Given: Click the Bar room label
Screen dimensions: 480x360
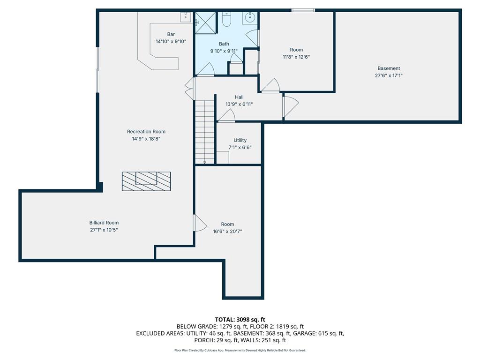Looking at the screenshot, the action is point(171,34).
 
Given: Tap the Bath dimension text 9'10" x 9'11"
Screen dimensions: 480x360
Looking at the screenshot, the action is point(224,51).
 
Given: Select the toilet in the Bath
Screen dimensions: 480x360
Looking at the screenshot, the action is point(226,19).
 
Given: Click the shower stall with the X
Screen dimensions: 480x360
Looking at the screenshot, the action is point(206,23).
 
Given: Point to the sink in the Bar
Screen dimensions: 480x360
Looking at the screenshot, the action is point(186,17).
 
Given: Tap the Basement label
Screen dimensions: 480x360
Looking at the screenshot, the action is point(389,68).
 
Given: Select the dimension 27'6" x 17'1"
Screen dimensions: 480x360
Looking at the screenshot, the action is point(389,75).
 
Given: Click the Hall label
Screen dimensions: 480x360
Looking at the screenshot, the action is point(239,97).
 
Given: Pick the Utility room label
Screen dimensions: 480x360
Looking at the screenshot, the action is point(240,140).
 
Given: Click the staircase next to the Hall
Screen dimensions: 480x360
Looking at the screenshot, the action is point(204,132).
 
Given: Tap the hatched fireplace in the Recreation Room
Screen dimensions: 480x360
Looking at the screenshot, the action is point(146,181).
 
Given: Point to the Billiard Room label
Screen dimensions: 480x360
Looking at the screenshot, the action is point(104,223).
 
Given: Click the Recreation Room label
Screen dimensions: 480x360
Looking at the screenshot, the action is point(146,132).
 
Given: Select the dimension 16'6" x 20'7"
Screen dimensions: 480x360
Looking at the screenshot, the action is point(227,232).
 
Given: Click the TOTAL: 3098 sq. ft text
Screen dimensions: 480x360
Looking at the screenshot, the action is point(240,320).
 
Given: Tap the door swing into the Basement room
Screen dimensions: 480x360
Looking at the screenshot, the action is point(291,106).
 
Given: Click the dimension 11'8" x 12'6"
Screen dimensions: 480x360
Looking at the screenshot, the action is point(296,57).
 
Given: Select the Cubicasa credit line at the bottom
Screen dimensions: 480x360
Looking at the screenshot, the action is point(240,350).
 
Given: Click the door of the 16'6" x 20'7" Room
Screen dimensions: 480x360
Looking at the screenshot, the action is point(200,223).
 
